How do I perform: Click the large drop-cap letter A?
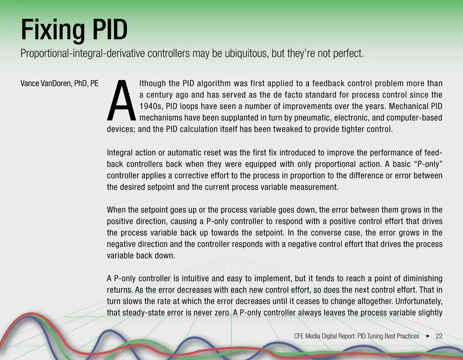tap(121, 100)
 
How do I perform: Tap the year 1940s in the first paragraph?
tap(151, 106)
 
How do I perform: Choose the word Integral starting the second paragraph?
tap(119, 153)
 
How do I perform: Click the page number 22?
tap(439, 336)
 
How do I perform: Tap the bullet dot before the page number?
tap(427, 336)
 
